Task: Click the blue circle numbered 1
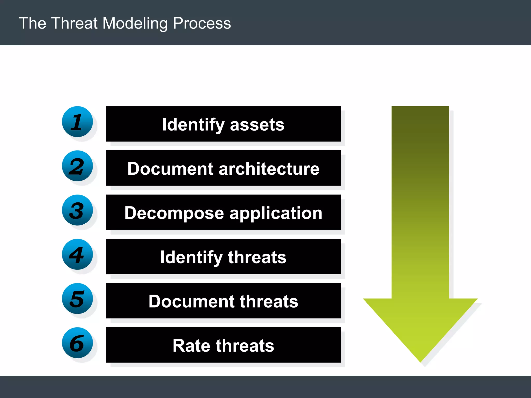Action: pyautogui.click(x=77, y=122)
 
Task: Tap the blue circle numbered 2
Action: pyautogui.click(x=77, y=166)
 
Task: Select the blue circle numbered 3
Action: pyautogui.click(x=77, y=210)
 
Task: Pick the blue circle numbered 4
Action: pyautogui.click(x=77, y=254)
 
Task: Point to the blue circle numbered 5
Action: pyautogui.click(x=77, y=298)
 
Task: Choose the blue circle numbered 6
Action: pyautogui.click(x=77, y=343)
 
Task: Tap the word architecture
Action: pyautogui.click(x=269, y=169)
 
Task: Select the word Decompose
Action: pyautogui.click(x=174, y=213)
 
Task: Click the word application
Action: pyautogui.click(x=276, y=213)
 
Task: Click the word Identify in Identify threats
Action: pyautogui.click(x=191, y=258)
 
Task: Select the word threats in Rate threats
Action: pyautogui.click(x=245, y=346)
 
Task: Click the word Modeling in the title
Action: pyautogui.click(x=135, y=23)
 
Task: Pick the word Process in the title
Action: pyautogui.click(x=202, y=23)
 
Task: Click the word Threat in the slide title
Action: pyautogui.click(x=74, y=23)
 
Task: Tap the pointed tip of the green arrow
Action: pyautogui.click(x=420, y=361)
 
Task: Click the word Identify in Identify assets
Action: pyautogui.click(x=193, y=125)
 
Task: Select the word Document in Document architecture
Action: pyautogui.click(x=170, y=169)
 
